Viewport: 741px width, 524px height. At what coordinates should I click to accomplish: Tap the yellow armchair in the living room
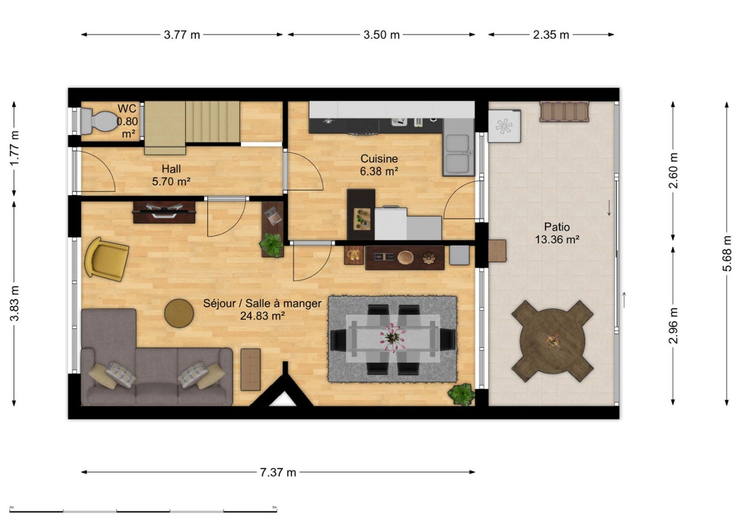[x=106, y=258]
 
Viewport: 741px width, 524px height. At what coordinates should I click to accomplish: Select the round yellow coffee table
[x=179, y=313]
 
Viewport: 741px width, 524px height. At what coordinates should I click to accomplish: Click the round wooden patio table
[x=552, y=341]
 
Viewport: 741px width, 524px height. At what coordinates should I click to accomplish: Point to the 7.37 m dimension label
[x=278, y=472]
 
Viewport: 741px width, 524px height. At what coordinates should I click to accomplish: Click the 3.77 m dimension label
[x=182, y=34]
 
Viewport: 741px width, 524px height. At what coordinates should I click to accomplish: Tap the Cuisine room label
[x=379, y=159]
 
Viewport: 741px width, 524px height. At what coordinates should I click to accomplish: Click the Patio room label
[x=557, y=227]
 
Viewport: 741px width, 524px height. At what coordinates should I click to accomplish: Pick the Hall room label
[x=171, y=169]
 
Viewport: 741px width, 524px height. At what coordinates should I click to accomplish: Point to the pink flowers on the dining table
[x=393, y=336]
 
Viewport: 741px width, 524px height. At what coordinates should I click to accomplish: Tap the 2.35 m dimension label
[x=551, y=34]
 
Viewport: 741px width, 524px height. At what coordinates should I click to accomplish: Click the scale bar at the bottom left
[x=143, y=511]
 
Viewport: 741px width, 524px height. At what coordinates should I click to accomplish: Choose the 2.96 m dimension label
[x=673, y=325]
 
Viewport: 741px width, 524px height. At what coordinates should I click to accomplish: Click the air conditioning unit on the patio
[x=505, y=126]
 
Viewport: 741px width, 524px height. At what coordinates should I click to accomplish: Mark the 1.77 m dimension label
[x=14, y=148]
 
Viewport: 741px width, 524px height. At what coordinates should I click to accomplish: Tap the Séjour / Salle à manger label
[x=262, y=303]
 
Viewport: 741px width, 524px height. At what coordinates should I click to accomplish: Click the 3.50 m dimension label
[x=382, y=34]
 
